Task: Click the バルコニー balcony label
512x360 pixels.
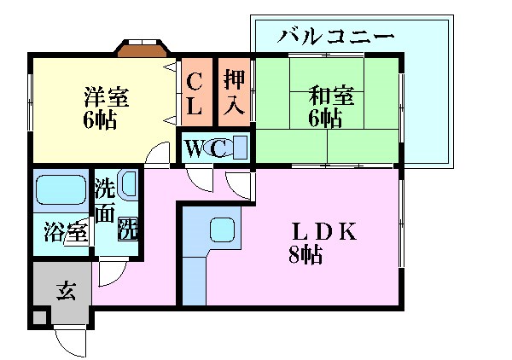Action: point(335,36)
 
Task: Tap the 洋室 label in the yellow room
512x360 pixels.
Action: point(107,97)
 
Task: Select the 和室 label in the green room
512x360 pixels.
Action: point(331,96)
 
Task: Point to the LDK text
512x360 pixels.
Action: point(324,232)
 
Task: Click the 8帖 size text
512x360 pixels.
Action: point(305,254)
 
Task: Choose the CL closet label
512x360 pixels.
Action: point(195,94)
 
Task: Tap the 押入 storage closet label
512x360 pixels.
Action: point(234,92)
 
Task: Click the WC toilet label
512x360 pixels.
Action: point(206,148)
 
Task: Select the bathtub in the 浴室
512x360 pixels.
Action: point(61,190)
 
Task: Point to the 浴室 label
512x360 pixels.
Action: point(67,231)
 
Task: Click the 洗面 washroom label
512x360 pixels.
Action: point(104,201)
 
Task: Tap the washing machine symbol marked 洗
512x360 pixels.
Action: point(128,229)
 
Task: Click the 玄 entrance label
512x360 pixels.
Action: point(67,291)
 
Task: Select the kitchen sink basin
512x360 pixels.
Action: point(223,229)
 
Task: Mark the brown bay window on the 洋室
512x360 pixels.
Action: point(143,49)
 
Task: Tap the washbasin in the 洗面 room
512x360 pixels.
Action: point(129,183)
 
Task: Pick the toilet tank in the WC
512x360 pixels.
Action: point(241,148)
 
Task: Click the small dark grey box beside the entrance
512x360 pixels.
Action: point(39,318)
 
